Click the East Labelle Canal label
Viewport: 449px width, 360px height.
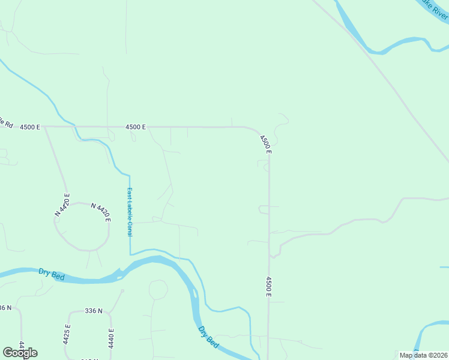click(x=129, y=212)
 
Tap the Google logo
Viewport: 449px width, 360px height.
click(x=20, y=353)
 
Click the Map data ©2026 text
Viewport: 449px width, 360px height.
click(x=423, y=355)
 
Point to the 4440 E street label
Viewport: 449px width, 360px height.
click(x=111, y=339)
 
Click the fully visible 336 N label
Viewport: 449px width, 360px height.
click(x=94, y=311)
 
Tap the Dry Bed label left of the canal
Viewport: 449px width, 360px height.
click(x=52, y=274)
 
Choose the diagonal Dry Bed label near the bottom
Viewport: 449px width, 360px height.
click(x=208, y=337)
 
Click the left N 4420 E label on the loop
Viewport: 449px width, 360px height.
click(x=62, y=204)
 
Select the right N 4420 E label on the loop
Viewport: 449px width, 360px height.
click(x=101, y=212)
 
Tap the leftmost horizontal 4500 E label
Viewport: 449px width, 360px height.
click(x=29, y=127)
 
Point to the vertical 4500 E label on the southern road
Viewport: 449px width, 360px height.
click(x=269, y=286)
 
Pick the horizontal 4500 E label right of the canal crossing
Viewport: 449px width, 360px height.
click(x=136, y=127)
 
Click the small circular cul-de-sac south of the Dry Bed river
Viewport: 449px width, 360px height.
click(x=158, y=290)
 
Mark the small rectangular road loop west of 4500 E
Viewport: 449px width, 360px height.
click(x=264, y=209)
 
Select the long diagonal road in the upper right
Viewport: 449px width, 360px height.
click(x=384, y=78)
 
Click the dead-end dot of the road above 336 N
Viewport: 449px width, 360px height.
click(x=122, y=291)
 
